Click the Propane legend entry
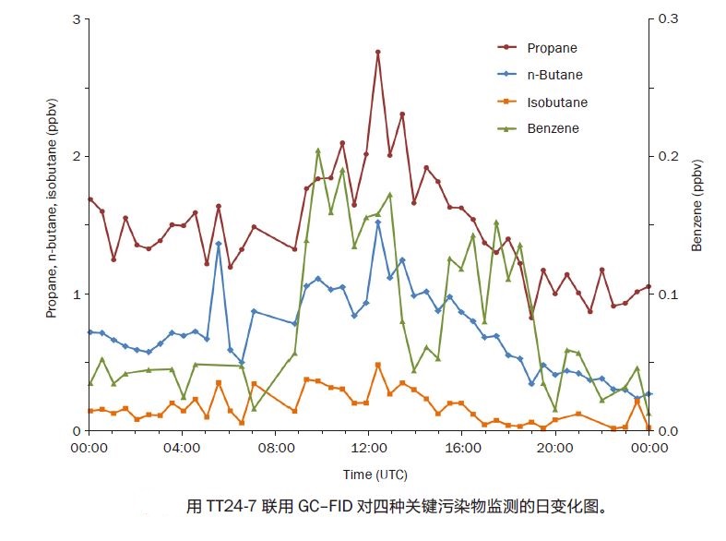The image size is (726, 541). coord(552,47)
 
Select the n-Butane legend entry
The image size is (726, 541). coord(554,75)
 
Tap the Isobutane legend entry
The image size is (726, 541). coord(556,102)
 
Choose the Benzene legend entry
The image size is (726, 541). coord(553,129)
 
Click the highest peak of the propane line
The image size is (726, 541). coord(378,53)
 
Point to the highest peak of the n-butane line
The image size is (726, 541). coord(378,222)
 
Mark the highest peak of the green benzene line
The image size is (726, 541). coord(318,150)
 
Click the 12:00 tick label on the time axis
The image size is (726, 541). coord(368,449)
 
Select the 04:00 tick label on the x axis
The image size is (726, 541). coord(182,449)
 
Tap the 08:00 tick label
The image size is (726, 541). coord(275,449)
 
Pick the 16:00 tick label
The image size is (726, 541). coord(462,449)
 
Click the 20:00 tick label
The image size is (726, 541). coord(555,449)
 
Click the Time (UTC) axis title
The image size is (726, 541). coord(369,475)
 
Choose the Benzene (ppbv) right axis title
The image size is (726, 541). coord(697,205)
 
